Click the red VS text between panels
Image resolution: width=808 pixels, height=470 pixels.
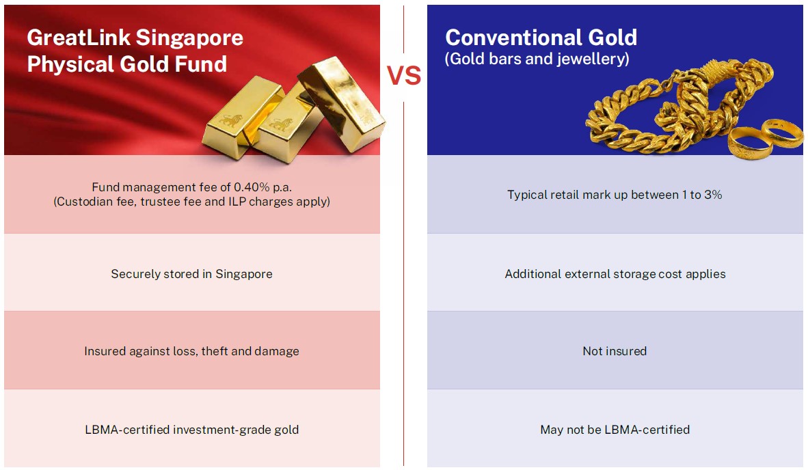[x=404, y=76]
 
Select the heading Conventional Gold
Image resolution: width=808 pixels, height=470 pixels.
[x=541, y=38]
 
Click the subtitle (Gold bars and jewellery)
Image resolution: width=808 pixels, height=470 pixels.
[x=537, y=59]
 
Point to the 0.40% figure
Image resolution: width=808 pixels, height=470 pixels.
[x=252, y=187]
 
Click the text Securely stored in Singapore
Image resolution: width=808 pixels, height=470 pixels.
[x=191, y=274]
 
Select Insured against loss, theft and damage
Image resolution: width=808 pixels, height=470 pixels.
[x=191, y=351]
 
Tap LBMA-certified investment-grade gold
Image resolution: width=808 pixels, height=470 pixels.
[x=191, y=430]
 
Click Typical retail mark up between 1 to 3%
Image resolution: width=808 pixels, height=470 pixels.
[x=615, y=195]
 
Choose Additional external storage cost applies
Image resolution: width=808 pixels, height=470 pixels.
[x=615, y=274]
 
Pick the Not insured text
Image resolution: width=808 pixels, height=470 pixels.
[x=615, y=351]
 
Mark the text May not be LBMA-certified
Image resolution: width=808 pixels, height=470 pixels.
[x=615, y=430]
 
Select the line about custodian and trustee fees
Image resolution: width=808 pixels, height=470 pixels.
[x=191, y=202]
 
